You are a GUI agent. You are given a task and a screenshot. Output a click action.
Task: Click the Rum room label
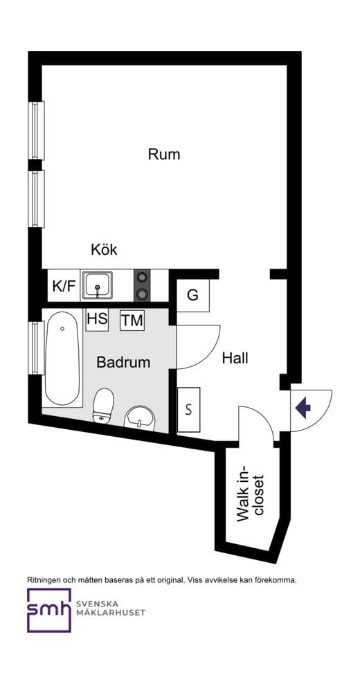pyautogui.click(x=164, y=154)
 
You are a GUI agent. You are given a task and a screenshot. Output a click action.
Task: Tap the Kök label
pyautogui.click(x=105, y=250)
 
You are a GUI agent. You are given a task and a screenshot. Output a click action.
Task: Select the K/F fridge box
pyautogui.click(x=64, y=286)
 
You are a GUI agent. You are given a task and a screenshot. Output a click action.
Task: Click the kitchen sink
pyautogui.click(x=98, y=285)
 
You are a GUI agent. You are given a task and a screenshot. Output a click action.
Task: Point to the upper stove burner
pyautogui.click(x=143, y=278)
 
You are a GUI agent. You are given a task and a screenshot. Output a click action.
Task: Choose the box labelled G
pyautogui.click(x=192, y=295)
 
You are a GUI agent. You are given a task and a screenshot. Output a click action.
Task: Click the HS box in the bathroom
pyautogui.click(x=96, y=319)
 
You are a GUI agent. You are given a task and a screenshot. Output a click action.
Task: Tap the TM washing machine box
pyautogui.click(x=132, y=321)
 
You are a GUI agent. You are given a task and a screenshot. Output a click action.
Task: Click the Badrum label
pyautogui.click(x=123, y=362)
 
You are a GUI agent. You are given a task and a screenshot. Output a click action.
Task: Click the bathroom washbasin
pyautogui.click(x=141, y=417)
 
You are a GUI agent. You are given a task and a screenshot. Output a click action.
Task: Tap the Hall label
pyautogui.click(x=235, y=359)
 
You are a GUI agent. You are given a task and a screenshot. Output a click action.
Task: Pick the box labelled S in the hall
pyautogui.click(x=188, y=408)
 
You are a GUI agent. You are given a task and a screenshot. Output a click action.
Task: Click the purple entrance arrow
pyautogui.click(x=303, y=408)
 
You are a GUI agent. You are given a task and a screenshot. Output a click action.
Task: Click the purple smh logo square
pyautogui.click(x=48, y=610)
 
